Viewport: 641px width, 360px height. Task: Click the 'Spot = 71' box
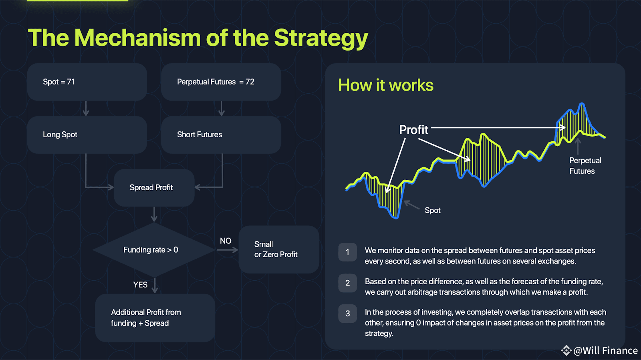pyautogui.click(x=87, y=82)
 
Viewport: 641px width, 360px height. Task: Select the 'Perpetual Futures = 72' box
pyautogui.click(x=221, y=82)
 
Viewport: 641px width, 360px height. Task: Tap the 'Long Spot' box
pyautogui.click(x=87, y=135)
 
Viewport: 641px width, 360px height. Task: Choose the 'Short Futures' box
pyautogui.click(x=221, y=135)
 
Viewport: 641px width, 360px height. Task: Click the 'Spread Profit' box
pyautogui.click(x=154, y=187)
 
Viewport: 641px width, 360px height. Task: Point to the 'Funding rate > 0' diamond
pyautogui.click(x=154, y=250)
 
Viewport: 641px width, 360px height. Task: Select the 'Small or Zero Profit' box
pyautogui.click(x=279, y=249)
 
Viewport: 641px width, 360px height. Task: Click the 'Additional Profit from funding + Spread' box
pyautogui.click(x=155, y=318)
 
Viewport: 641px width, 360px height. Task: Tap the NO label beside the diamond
pyautogui.click(x=226, y=241)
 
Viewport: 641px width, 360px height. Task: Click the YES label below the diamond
pyautogui.click(x=140, y=285)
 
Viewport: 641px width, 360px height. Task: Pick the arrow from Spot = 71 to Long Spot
pyautogui.click(x=86, y=109)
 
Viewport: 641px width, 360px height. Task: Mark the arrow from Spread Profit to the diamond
pyautogui.click(x=154, y=214)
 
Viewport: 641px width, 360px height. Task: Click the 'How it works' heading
pyautogui.click(x=386, y=85)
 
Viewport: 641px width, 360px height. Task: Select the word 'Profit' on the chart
pyautogui.click(x=413, y=130)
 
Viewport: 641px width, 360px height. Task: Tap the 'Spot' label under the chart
pyautogui.click(x=432, y=211)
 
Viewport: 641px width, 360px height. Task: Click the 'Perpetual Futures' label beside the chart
pyautogui.click(x=585, y=166)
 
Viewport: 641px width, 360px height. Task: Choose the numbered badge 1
pyautogui.click(x=347, y=252)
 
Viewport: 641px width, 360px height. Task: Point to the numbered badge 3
pyautogui.click(x=347, y=314)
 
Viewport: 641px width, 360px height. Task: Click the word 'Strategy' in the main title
pyautogui.click(x=321, y=38)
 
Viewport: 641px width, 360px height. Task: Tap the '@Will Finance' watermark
pyautogui.click(x=600, y=350)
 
